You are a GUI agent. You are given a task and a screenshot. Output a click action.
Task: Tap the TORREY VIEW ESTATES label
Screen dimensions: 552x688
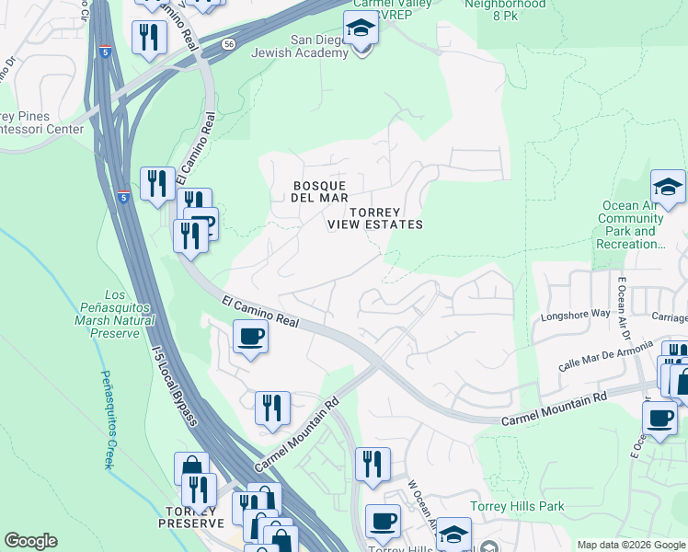pyautogui.click(x=374, y=218)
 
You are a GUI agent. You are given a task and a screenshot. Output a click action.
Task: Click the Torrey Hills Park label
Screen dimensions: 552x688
pyautogui.click(x=517, y=506)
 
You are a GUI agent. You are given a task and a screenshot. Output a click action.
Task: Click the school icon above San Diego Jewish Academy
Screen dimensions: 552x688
pyautogui.click(x=361, y=30)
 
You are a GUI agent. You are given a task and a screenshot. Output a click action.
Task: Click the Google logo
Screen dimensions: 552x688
pyautogui.click(x=30, y=541)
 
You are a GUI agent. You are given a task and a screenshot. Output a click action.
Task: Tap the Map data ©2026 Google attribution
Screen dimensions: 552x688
pyautogui.click(x=630, y=545)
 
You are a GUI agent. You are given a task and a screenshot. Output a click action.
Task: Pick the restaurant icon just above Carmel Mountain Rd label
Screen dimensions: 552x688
pyautogui.click(x=272, y=408)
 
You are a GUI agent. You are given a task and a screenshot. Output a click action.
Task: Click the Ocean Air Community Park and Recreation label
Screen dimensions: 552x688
pyautogui.click(x=631, y=225)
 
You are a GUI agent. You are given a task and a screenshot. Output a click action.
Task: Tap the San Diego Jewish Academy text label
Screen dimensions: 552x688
pyautogui.click(x=319, y=46)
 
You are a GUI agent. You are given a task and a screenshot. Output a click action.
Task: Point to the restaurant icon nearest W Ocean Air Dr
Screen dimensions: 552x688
pyautogui.click(x=373, y=464)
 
